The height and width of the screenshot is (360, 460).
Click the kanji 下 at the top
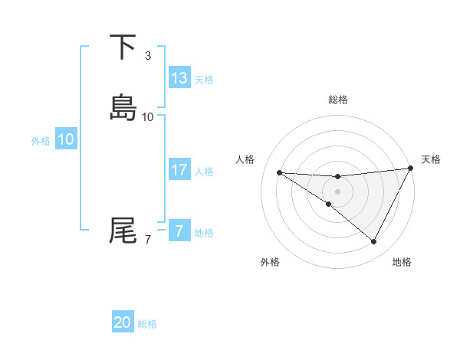click(123, 47)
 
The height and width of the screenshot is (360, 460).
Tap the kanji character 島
click(123, 107)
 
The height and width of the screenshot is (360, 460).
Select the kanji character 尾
click(123, 230)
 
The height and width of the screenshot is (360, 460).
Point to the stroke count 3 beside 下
click(148, 56)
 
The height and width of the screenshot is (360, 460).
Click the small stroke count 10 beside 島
click(148, 117)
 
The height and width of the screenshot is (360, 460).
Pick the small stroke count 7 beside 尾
click(148, 240)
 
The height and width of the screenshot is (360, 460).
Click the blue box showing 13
click(179, 78)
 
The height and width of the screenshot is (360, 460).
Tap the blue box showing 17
click(179, 170)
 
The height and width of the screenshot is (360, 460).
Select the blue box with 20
click(123, 323)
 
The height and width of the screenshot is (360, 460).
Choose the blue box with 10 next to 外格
click(66, 139)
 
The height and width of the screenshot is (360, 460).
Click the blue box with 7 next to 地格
click(179, 231)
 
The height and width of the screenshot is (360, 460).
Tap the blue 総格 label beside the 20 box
click(147, 324)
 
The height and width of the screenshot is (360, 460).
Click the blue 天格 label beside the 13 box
click(204, 79)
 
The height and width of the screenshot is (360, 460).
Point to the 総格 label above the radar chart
click(338, 100)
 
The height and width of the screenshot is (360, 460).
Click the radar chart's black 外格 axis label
click(270, 263)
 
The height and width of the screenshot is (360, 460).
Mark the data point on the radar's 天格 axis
click(410, 169)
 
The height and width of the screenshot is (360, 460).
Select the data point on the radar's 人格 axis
click(279, 172)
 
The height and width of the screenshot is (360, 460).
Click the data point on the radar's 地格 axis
click(374, 242)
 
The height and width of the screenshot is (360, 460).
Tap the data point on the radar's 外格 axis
click(328, 205)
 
